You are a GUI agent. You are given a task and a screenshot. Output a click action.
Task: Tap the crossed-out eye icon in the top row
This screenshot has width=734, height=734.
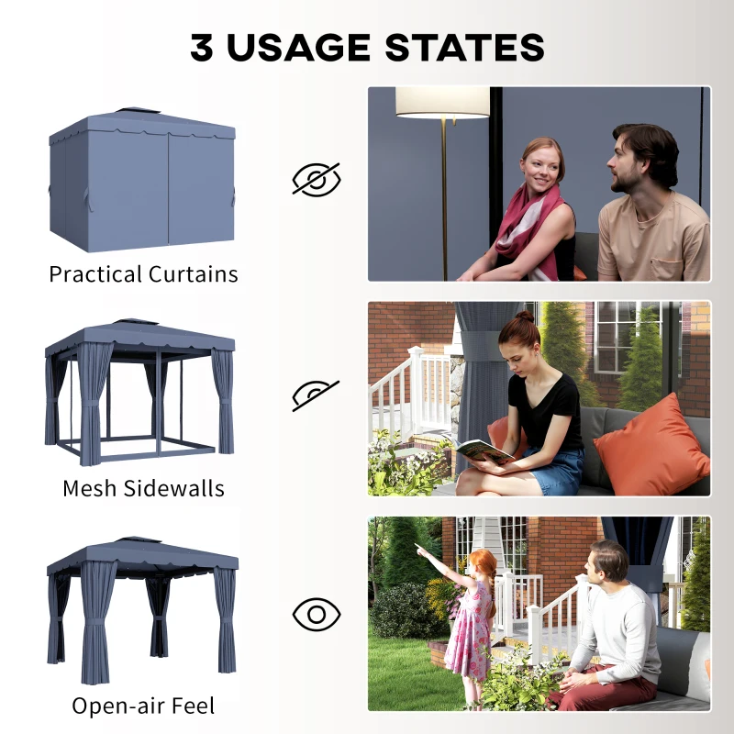(317, 179)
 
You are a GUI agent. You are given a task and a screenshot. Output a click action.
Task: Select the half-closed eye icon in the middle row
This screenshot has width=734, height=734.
(317, 395)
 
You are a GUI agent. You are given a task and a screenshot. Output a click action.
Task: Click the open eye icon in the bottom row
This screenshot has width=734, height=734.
(317, 614)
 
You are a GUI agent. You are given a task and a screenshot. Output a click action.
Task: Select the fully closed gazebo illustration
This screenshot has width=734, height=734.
(142, 182)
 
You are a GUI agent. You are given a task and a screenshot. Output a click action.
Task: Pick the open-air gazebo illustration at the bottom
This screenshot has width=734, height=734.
(141, 609)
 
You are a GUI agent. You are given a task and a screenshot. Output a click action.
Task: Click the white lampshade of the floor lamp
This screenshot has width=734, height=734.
(442, 102)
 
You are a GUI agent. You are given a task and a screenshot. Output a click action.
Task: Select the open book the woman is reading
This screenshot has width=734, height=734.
(484, 450)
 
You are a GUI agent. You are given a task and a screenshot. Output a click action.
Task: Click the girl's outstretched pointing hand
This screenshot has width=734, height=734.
(419, 550)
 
